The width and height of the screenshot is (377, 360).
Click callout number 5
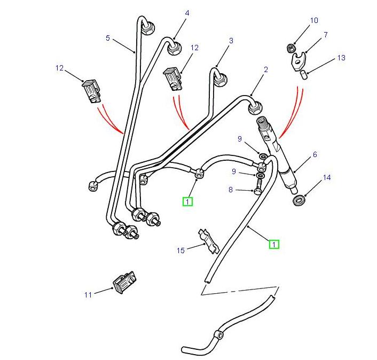click(x=107, y=38)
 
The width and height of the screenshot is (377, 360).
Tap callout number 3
click(x=231, y=41)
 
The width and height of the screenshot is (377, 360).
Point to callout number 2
click(x=265, y=69)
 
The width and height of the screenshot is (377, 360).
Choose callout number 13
click(x=341, y=58)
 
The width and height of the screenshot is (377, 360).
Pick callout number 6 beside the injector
click(x=315, y=154)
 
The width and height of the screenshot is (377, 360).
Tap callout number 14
click(x=327, y=177)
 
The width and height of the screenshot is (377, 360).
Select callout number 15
click(x=180, y=249)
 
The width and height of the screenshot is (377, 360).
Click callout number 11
click(x=88, y=294)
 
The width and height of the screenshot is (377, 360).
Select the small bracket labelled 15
click(x=208, y=240)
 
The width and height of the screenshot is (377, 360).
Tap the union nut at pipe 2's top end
click(x=255, y=108)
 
